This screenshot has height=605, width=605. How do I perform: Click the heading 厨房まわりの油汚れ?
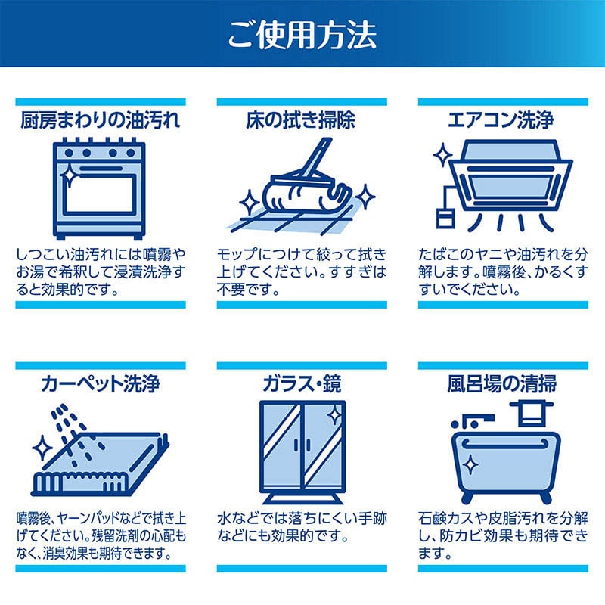tap(100, 121)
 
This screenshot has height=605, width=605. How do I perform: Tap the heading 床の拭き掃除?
tap(301, 121)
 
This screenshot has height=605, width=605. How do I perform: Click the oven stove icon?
tap(100, 185)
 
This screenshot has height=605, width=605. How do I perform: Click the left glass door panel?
tap(280, 446)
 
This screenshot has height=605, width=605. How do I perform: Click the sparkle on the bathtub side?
tap(470, 463)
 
